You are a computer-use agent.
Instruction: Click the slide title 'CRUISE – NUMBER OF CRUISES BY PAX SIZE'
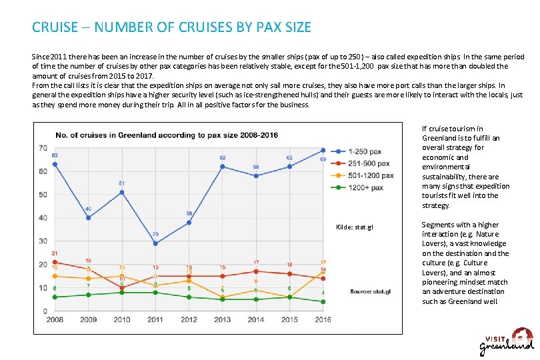click(x=171, y=28)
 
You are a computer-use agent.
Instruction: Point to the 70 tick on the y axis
click(x=43, y=148)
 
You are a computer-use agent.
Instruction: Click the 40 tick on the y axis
click(x=43, y=218)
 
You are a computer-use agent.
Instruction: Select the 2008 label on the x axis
click(x=55, y=321)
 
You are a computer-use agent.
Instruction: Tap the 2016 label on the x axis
click(x=323, y=321)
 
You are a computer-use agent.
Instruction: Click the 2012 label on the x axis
click(x=189, y=321)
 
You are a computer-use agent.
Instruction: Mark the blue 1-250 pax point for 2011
click(x=155, y=243)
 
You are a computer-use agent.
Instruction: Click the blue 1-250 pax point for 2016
click(x=323, y=150)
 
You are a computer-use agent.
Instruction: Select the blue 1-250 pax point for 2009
click(x=88, y=218)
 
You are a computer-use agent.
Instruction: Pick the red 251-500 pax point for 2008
click(x=55, y=262)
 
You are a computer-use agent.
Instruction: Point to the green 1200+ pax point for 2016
click(x=323, y=301)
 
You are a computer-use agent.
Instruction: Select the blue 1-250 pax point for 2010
click(x=121, y=192)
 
